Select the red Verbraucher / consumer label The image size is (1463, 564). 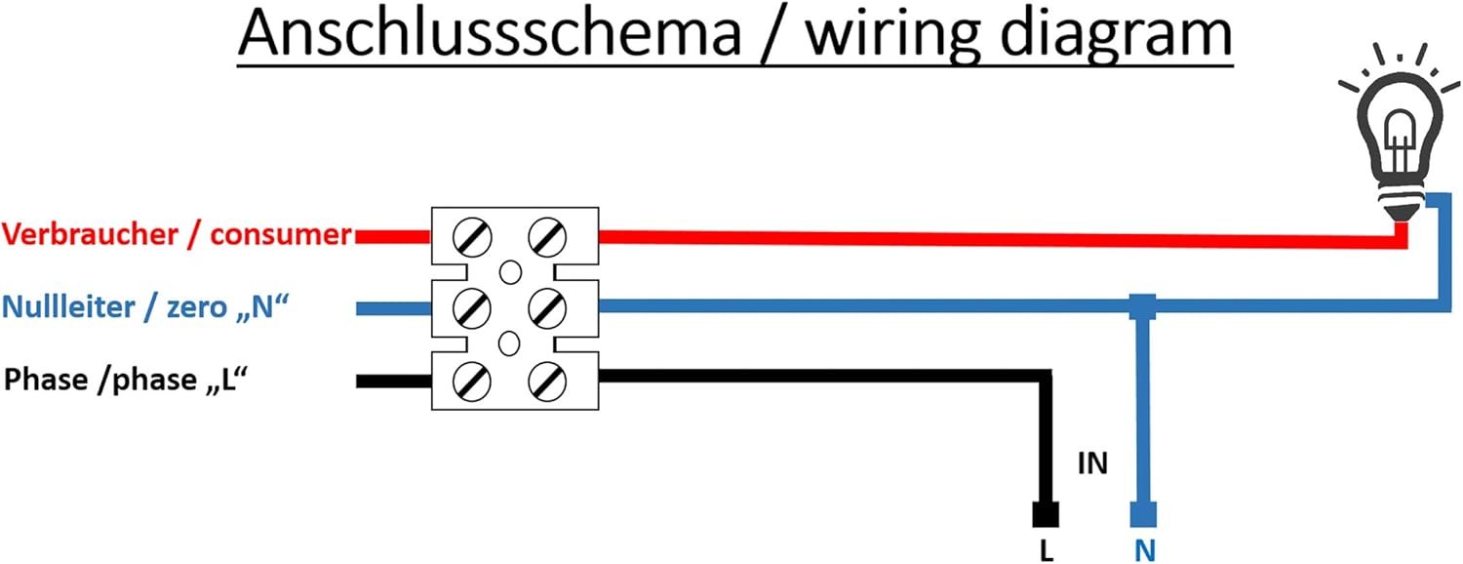177,235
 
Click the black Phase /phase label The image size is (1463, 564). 123,380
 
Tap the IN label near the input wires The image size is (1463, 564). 1092,463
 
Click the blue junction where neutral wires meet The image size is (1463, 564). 1143,307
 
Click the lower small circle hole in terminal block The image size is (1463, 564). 509,343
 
